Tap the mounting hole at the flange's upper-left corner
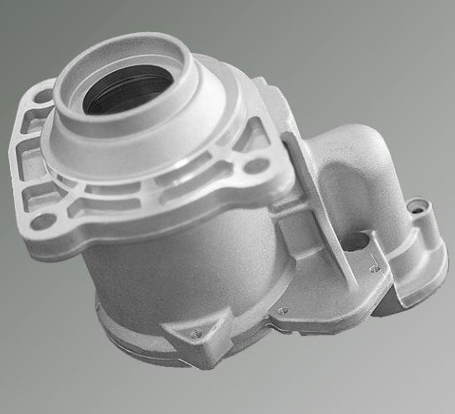tap(43, 96)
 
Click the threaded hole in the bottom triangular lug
tap(196, 334)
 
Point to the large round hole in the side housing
tap(356, 242)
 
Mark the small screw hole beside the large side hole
tap(375, 267)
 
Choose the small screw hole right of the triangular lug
tap(283, 311)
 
